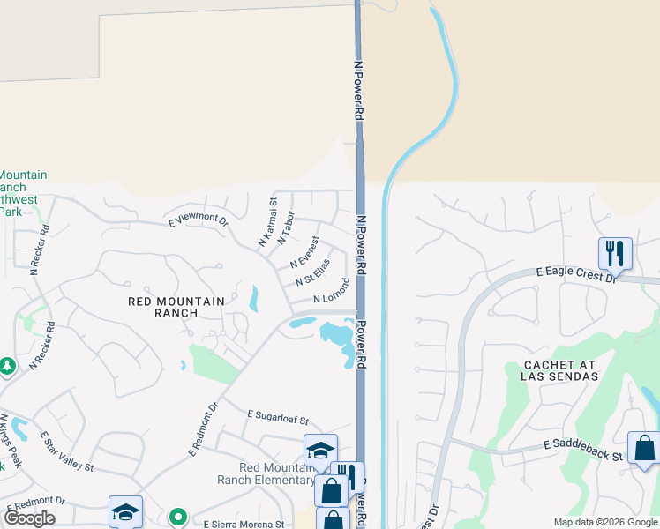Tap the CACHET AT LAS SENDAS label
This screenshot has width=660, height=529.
pyautogui.click(x=561, y=370)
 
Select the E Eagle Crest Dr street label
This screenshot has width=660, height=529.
pyautogui.click(x=576, y=275)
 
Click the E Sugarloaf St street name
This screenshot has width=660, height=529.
pyautogui.click(x=279, y=417)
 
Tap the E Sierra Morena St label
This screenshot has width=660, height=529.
pyautogui.click(x=239, y=522)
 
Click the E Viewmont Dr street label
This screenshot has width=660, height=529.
pyautogui.click(x=199, y=220)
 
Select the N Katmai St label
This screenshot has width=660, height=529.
pyautogui.click(x=266, y=222)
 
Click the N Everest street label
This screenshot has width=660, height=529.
pyautogui.click(x=304, y=252)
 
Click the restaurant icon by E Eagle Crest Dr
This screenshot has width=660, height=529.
pyautogui.click(x=615, y=253)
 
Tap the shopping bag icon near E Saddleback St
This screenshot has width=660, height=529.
pyautogui.click(x=644, y=448)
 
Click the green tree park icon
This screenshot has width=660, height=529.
pyautogui.click(x=7, y=365)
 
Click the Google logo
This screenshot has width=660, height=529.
pyautogui.click(x=29, y=518)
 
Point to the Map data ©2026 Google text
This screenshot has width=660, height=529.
pyautogui.click(x=604, y=522)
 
